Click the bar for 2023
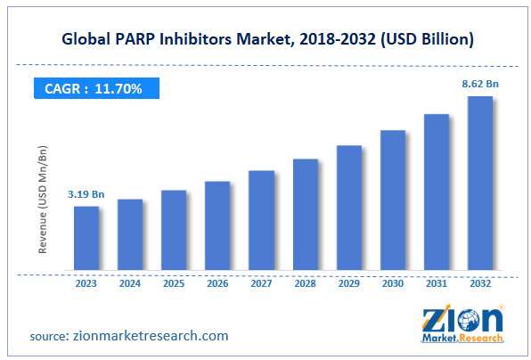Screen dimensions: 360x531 [86, 238]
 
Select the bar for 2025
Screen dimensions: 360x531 [174, 230]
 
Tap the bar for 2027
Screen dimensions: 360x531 [261, 220]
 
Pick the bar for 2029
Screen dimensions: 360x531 [349, 208]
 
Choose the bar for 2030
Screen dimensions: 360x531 [393, 200]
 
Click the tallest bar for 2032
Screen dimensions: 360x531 [480, 183]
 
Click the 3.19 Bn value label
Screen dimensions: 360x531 [86, 193]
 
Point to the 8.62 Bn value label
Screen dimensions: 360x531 [479, 83]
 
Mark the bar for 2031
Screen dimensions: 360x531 [437, 192]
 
